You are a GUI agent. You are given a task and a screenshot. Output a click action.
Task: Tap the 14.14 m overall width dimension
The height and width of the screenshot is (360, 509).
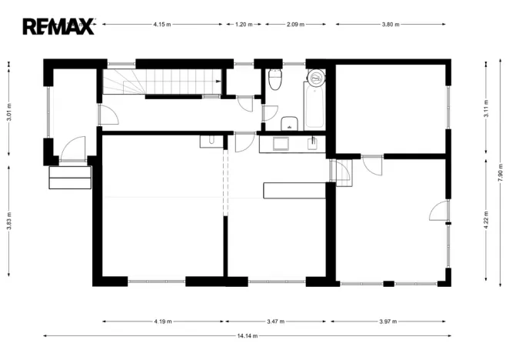coord(247,335)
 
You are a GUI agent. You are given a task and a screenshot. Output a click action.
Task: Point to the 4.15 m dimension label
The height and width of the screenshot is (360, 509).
coord(162,25)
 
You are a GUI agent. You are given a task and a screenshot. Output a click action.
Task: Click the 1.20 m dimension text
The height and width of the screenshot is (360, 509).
coord(243,25)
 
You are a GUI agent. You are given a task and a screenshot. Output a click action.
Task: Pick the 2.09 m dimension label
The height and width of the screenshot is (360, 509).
coord(294,25)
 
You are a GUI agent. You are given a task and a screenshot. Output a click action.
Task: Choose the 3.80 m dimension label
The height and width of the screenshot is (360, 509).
coord(391,25)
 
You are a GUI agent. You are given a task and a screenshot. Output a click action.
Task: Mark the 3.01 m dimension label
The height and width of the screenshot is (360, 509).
coord(8,112)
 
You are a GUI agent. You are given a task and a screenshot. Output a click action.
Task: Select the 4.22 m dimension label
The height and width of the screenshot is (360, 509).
coord(486,219)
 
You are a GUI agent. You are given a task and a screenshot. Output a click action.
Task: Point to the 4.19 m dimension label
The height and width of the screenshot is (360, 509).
coord(162,321)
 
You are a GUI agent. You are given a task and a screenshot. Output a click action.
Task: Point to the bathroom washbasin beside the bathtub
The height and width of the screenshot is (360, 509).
coord(290,123)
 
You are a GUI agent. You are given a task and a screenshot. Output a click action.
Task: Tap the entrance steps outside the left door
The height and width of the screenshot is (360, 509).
coord(70,177)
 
